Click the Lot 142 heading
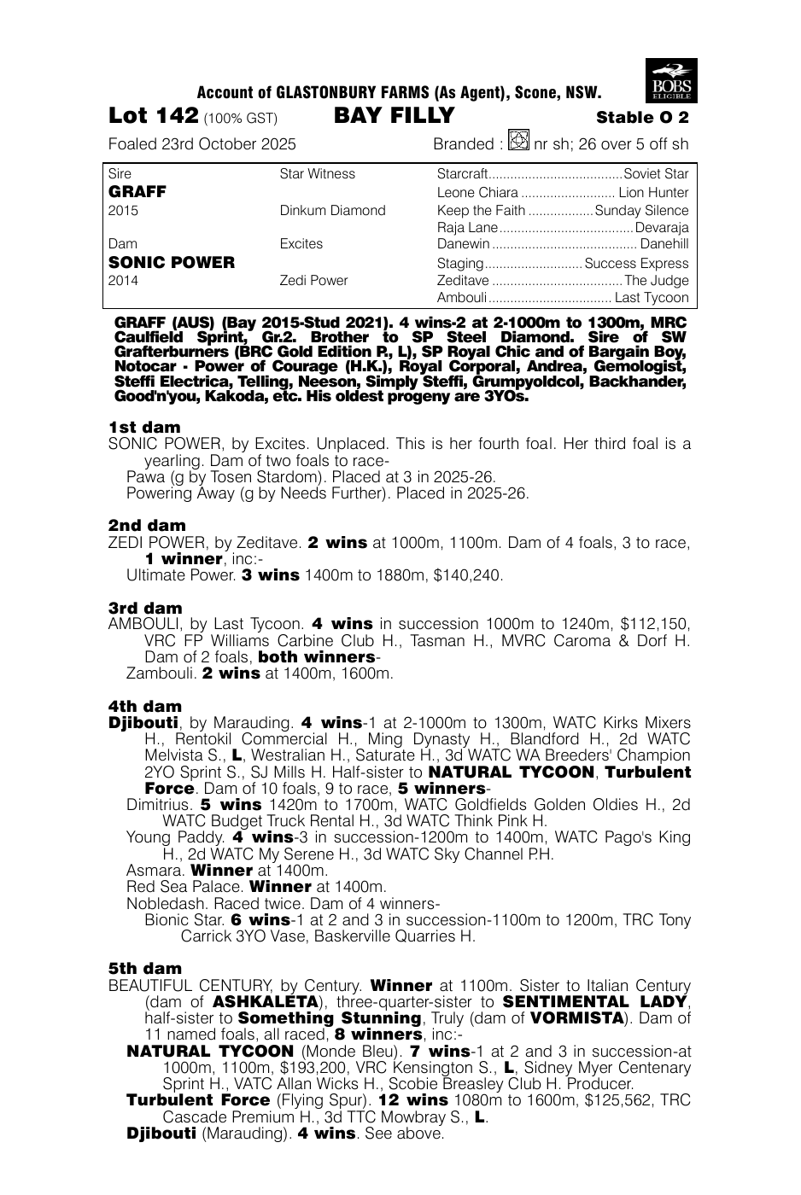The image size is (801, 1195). pyautogui.click(x=154, y=116)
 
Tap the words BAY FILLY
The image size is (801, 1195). pyautogui.click(x=395, y=116)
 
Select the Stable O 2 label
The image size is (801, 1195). pyautogui.click(x=642, y=118)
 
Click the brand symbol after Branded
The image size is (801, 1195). pyautogui.click(x=518, y=141)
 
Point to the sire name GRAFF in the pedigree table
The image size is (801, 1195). pyautogui.click(x=137, y=192)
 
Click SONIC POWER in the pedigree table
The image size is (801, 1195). pyautogui.click(x=171, y=263)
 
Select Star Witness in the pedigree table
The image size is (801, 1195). pyautogui.click(x=317, y=174)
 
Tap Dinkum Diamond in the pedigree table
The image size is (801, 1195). pyautogui.click(x=332, y=210)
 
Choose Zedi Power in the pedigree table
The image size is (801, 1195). pyautogui.click(x=313, y=280)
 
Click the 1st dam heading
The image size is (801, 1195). pyautogui.click(x=144, y=427)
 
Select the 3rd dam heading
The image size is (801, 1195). pyautogui.click(x=145, y=608)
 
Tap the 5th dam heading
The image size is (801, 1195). pyautogui.click(x=145, y=968)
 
